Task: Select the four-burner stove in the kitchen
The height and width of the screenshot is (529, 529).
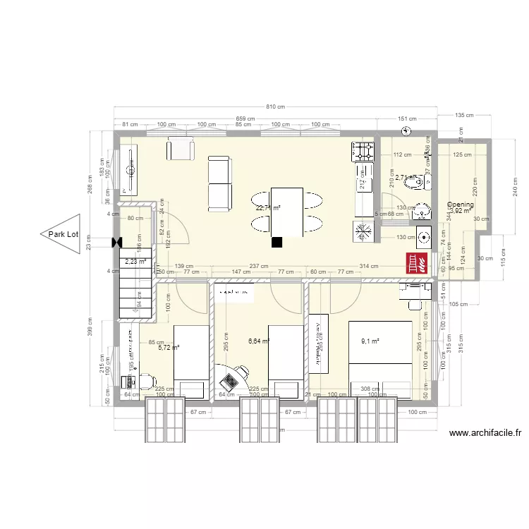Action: (x=363, y=150)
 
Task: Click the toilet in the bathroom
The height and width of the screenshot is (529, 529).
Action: (x=420, y=182)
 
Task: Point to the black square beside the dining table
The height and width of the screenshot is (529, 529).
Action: (x=277, y=242)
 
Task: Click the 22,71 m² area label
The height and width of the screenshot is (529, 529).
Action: (x=268, y=208)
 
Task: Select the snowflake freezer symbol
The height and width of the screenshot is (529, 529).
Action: (x=364, y=231)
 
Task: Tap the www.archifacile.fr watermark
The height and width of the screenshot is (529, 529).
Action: (x=479, y=433)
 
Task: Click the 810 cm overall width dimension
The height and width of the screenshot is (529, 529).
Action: (x=276, y=107)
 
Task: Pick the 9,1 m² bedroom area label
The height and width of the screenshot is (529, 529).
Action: (x=370, y=341)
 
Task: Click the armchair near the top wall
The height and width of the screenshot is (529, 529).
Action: (x=181, y=150)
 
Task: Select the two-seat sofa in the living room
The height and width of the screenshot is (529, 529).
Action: (x=219, y=184)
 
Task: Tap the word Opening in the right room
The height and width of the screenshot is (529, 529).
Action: (x=461, y=205)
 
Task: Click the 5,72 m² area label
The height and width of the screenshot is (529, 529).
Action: (x=169, y=348)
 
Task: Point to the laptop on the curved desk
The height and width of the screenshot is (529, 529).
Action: (x=229, y=381)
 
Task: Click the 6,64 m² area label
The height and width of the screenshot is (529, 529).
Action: (x=260, y=341)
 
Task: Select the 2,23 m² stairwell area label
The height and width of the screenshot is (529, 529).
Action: (x=135, y=262)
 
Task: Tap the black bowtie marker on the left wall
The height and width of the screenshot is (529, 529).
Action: (x=116, y=243)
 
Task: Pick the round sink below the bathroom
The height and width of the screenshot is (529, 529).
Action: (x=424, y=237)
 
